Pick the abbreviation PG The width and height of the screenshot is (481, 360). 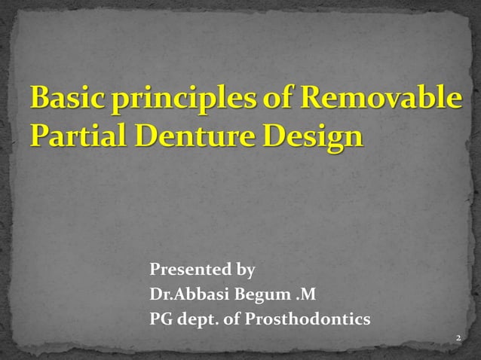[162, 320]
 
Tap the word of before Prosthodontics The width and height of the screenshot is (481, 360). [233, 320]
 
